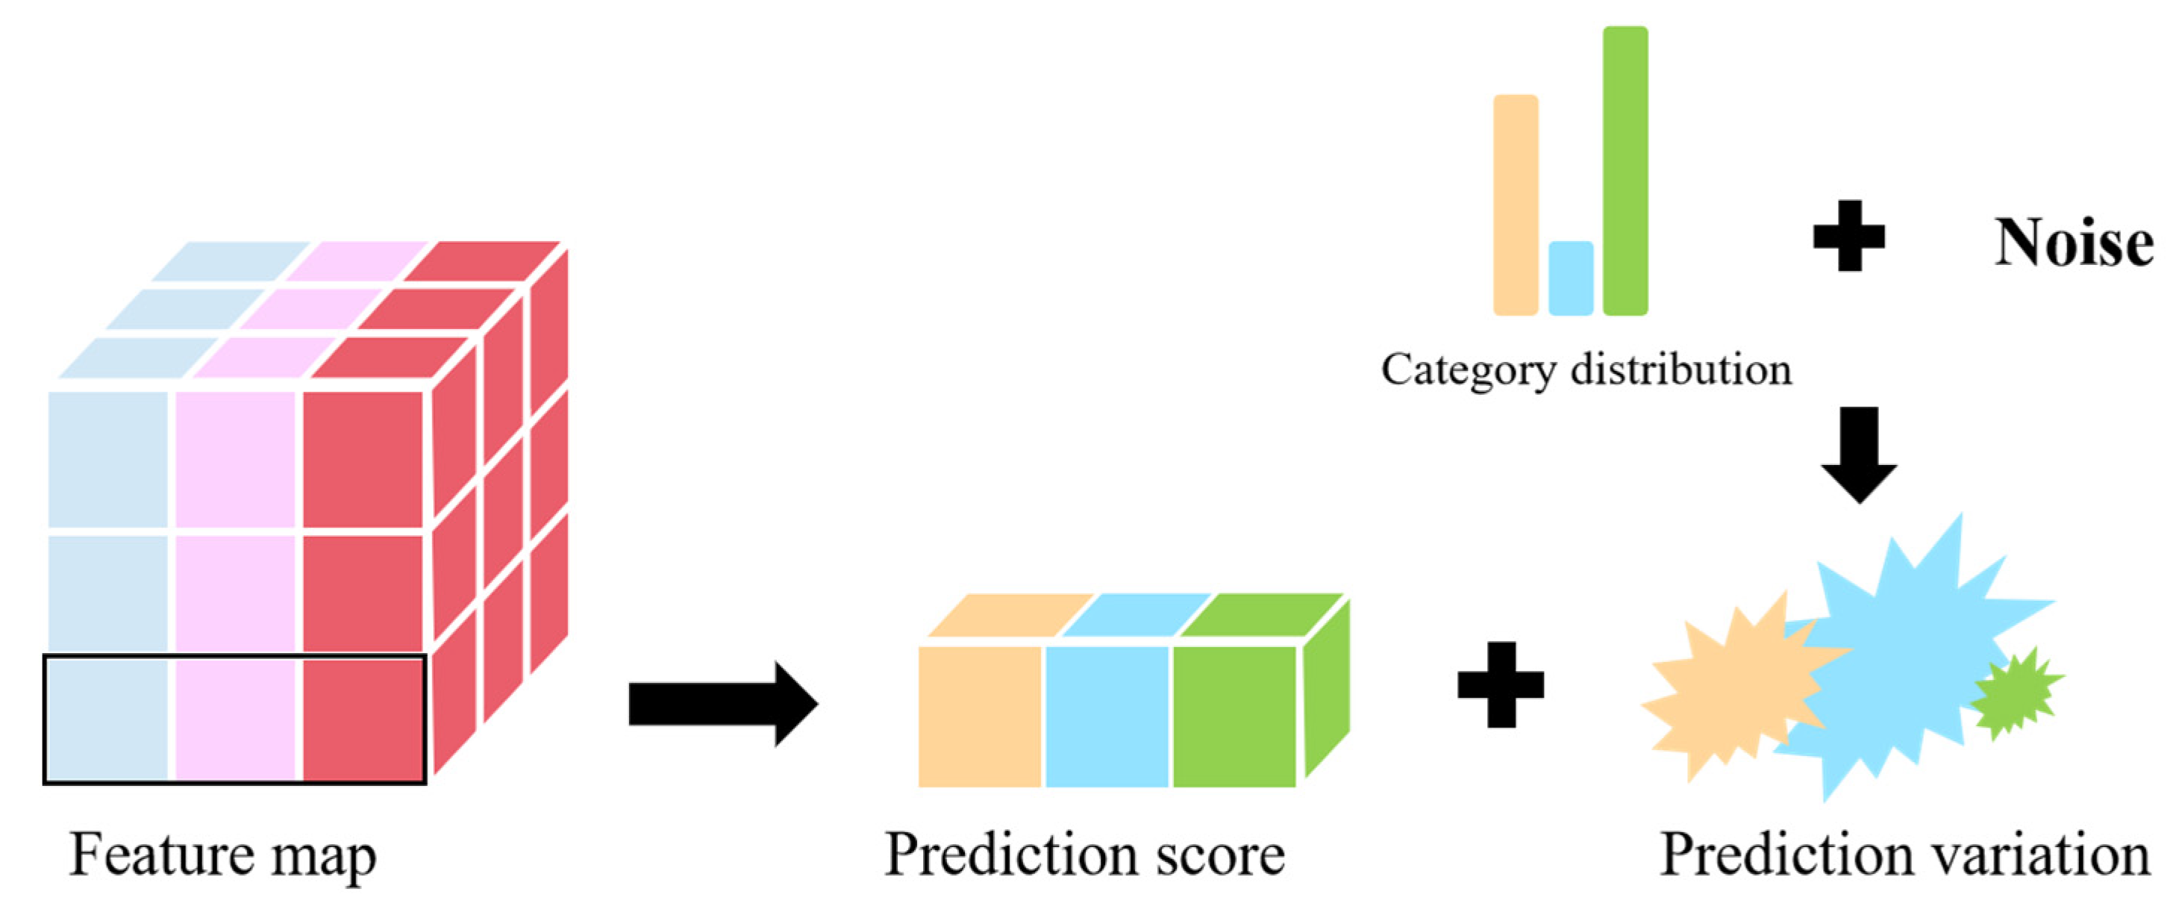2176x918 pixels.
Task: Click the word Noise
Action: coord(2074,243)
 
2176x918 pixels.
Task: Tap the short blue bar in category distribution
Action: coord(1570,278)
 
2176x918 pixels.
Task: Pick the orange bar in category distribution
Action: coord(1516,205)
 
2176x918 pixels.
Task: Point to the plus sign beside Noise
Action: coord(1849,236)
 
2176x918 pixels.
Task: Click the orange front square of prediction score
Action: coord(980,717)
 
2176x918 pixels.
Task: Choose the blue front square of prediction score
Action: coord(1107,717)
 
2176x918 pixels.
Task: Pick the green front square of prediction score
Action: coord(1234,717)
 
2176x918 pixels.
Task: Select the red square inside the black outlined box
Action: coord(363,719)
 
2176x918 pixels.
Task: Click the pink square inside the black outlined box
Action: coord(237,719)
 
